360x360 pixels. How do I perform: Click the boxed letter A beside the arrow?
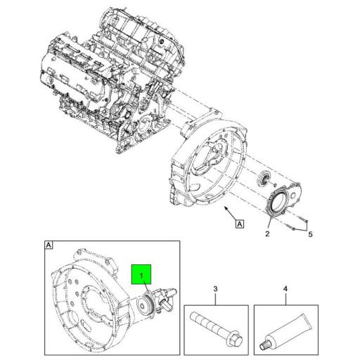tap(240, 224)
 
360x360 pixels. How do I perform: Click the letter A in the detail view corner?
tap(49, 245)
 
